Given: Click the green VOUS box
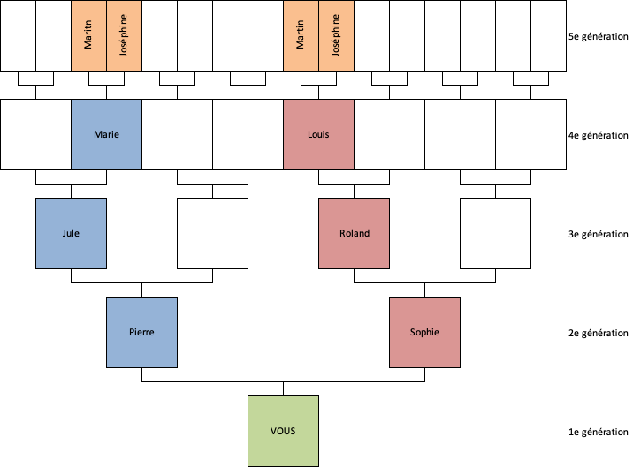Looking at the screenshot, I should point(283,431).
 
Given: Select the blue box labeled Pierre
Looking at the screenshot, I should point(141,332).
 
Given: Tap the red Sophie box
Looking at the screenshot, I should point(424,332).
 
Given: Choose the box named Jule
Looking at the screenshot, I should point(71,233).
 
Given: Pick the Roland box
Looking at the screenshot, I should point(354,233).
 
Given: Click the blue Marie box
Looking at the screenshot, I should point(106,134).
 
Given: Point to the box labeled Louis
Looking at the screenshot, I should point(318,134).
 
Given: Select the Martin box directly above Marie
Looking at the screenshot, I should point(88,35).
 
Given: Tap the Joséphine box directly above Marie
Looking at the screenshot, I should point(124,35).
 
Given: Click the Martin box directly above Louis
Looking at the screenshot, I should point(301,35).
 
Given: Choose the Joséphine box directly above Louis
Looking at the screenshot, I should point(336,35).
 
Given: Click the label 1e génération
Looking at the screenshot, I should point(599,432).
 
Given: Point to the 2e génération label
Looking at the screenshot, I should point(599,333).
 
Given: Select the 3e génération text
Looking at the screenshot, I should point(599,234).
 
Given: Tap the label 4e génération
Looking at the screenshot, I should point(599,135).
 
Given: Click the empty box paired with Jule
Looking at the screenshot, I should point(212,233).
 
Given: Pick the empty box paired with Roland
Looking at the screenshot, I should point(495,233).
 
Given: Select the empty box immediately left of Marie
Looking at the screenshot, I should point(35,134).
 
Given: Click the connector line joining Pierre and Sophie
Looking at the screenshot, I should point(283,382).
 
